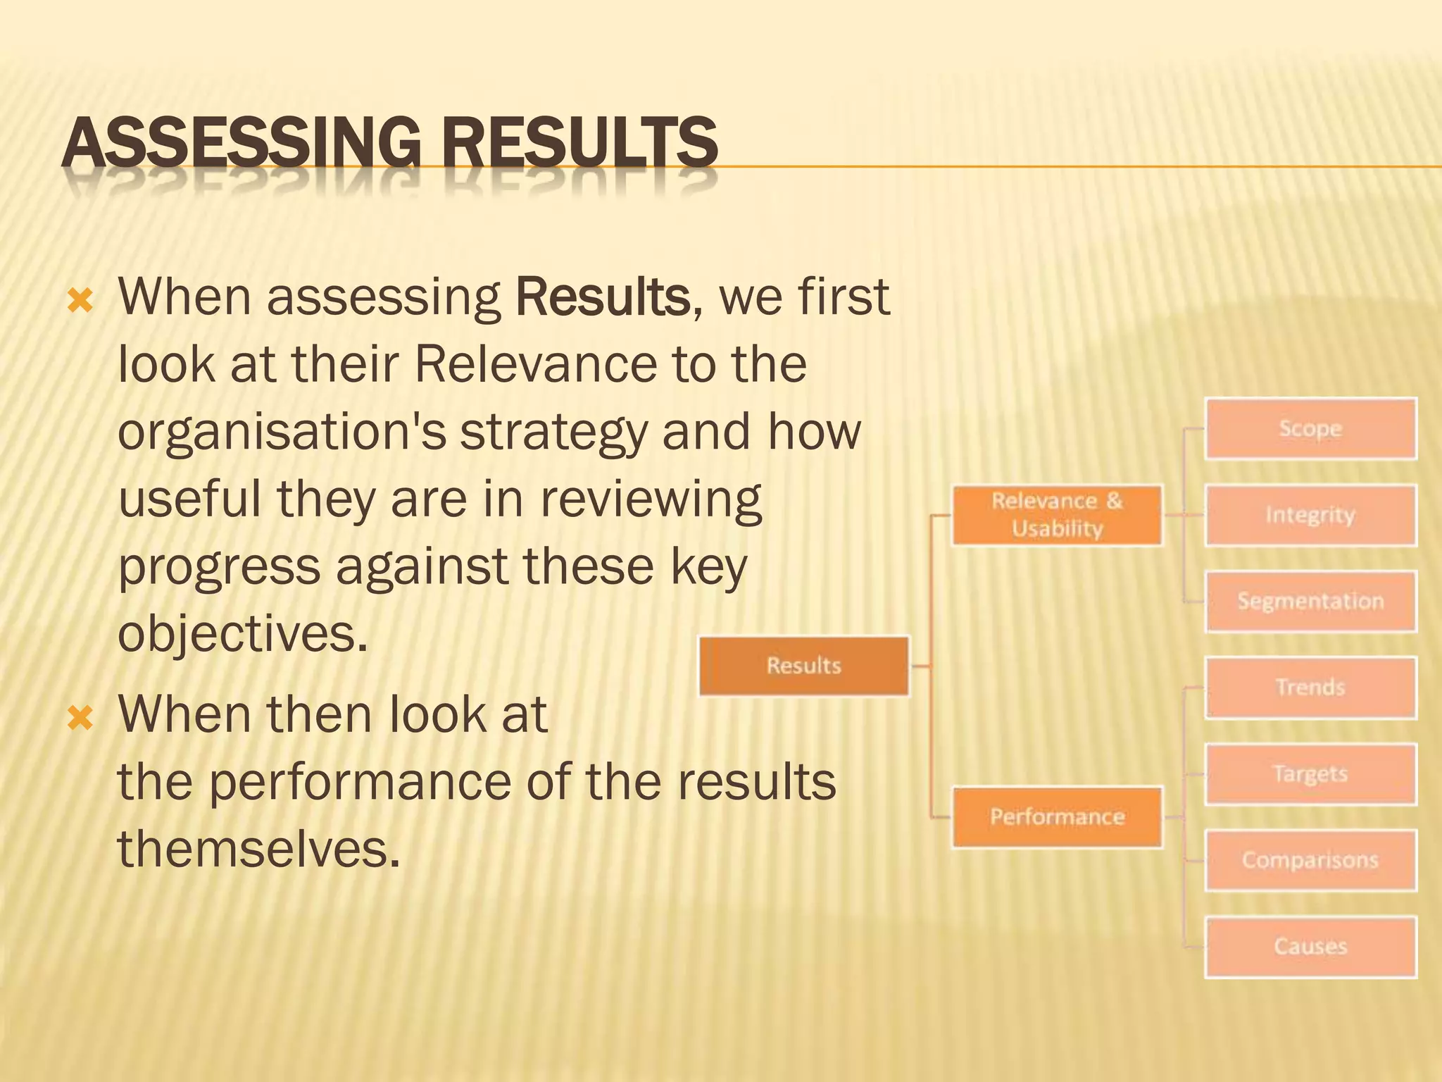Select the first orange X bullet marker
pyautogui.click(x=80, y=301)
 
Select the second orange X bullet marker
pyautogui.click(x=80, y=719)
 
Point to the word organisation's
pyautogui.click(x=282, y=432)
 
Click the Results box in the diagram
pyautogui.click(x=804, y=666)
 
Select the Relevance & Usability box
pyautogui.click(x=1057, y=515)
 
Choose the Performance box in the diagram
pyautogui.click(x=1057, y=817)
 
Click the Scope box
pyautogui.click(x=1310, y=429)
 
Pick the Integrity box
pyautogui.click(x=1310, y=515)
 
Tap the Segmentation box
pyautogui.click(x=1310, y=602)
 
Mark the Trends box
pyautogui.click(x=1310, y=688)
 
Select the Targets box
pyautogui.click(x=1310, y=774)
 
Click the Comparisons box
pyautogui.click(x=1310, y=860)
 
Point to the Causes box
pyautogui.click(x=1310, y=947)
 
